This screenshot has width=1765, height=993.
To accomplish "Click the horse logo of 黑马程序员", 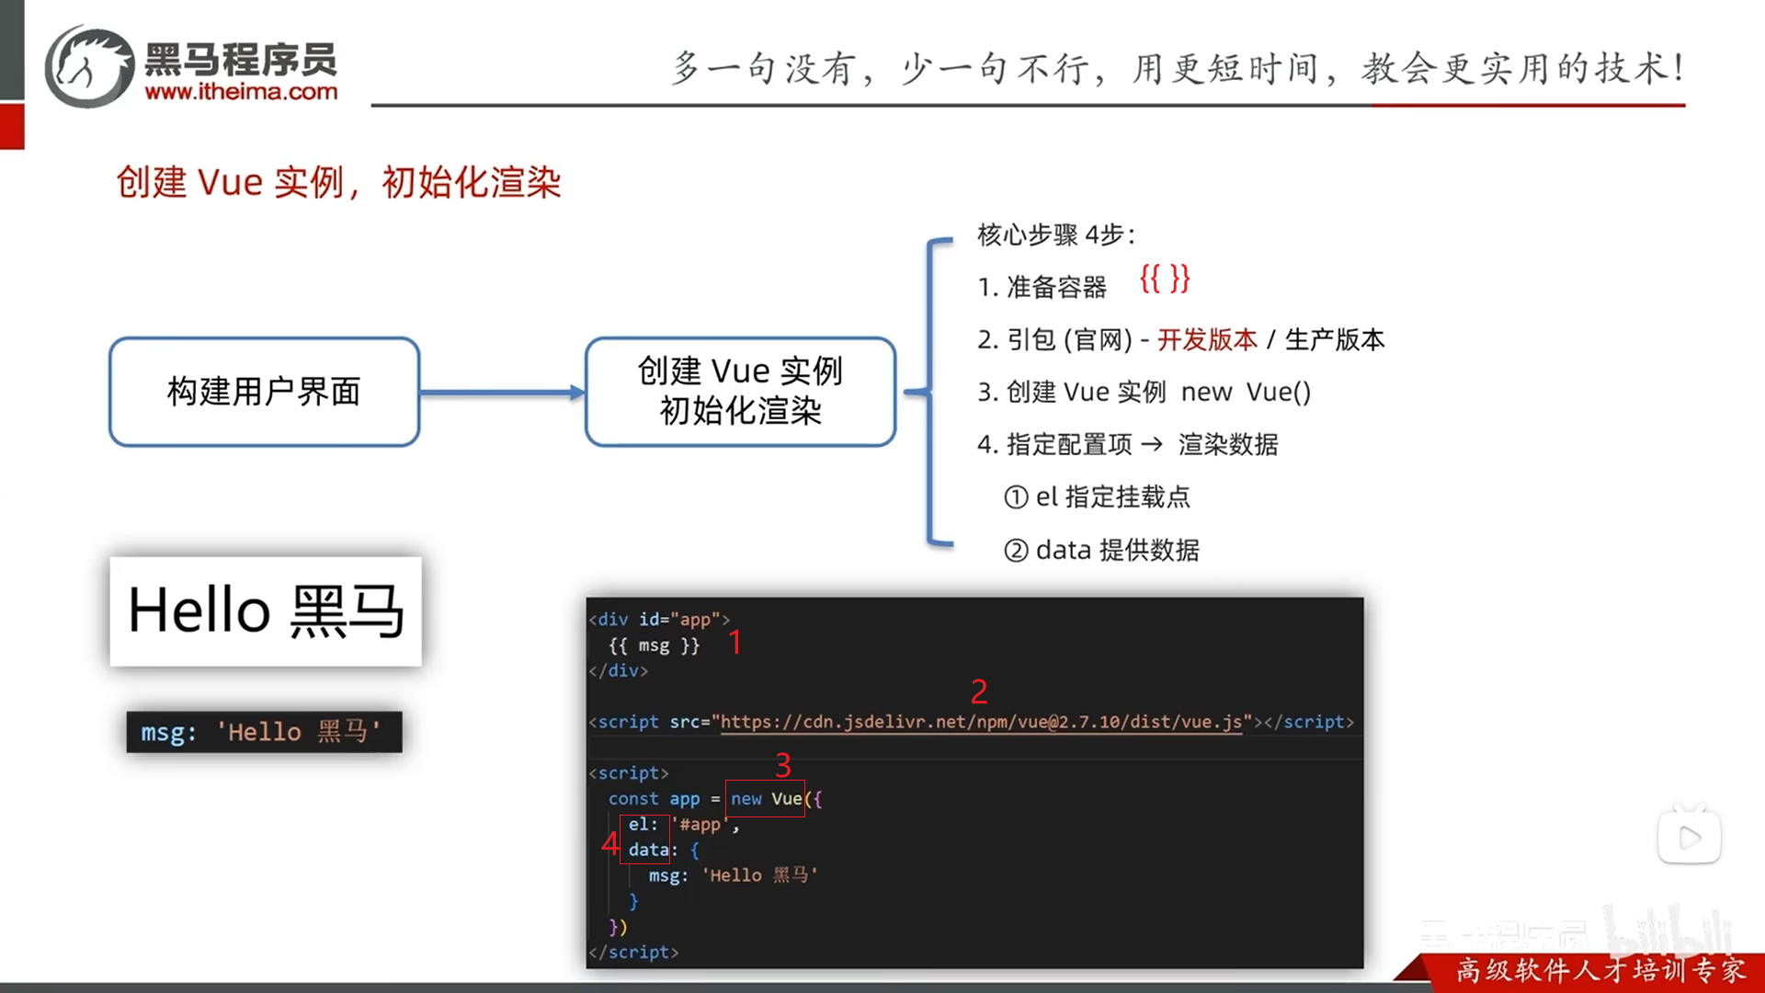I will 90,66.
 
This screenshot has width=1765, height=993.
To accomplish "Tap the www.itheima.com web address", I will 241,92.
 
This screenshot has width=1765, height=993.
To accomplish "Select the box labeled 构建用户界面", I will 264,392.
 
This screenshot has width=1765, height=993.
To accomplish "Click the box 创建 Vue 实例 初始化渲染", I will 740,392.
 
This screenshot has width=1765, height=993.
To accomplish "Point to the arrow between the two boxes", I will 502,393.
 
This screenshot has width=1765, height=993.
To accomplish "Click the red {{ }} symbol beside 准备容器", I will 1164,278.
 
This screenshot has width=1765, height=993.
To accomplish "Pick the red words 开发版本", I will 1206,340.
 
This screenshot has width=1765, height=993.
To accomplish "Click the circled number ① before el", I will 1016,497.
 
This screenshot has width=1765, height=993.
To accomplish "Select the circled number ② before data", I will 1016,551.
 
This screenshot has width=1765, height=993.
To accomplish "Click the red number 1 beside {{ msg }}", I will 734,642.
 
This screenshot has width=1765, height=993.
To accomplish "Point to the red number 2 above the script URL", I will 979,691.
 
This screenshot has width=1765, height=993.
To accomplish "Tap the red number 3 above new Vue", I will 783,765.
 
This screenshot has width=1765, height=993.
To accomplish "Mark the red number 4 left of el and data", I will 609,842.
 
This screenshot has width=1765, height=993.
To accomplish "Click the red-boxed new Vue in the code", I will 765,799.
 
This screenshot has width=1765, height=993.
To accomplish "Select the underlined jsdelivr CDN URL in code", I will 981,722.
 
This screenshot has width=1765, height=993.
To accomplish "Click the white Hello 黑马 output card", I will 266,611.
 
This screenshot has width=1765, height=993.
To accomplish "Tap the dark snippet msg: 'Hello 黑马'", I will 264,732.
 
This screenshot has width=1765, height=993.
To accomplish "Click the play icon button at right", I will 1689,837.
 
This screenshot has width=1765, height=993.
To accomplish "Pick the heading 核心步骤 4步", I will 1055,235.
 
